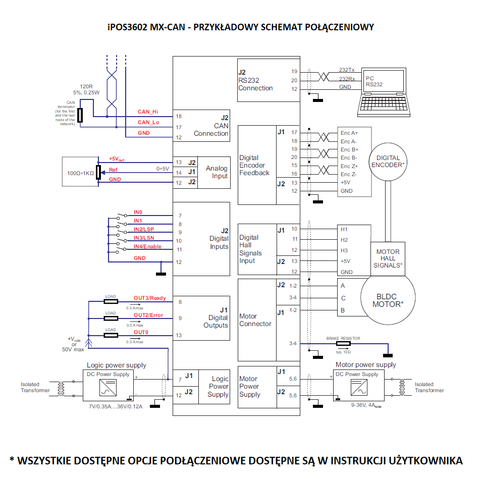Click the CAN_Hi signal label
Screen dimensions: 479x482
point(148,112)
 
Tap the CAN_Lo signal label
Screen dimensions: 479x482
point(148,122)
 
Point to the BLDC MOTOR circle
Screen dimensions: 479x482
point(388,300)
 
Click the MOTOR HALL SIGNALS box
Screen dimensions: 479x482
point(388,258)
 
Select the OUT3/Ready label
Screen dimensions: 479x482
point(149,298)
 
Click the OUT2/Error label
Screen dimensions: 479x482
point(148,315)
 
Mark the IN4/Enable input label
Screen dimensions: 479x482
point(147,246)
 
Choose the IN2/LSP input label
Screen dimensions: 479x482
point(144,229)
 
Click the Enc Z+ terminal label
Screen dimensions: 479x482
point(349,166)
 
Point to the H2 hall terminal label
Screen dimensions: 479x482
point(344,240)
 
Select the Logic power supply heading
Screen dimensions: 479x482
point(117,365)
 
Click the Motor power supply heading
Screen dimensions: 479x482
point(365,364)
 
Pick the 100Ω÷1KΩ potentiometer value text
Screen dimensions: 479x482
point(78,173)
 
